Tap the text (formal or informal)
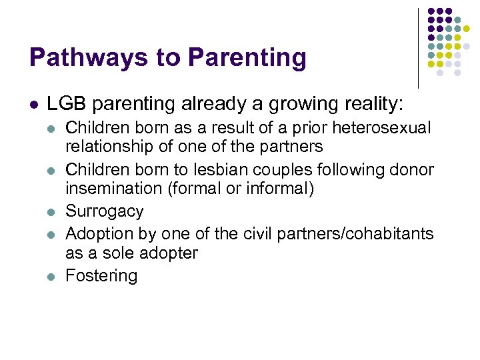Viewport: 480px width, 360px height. pos(241,189)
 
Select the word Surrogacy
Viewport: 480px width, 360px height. pos(104,211)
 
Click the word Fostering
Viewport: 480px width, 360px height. pos(101,275)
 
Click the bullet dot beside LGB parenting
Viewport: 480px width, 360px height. pos(34,105)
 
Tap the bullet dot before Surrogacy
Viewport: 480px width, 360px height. pos(52,213)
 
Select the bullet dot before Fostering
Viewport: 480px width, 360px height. pos(52,277)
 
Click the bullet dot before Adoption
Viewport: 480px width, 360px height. pos(52,235)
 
